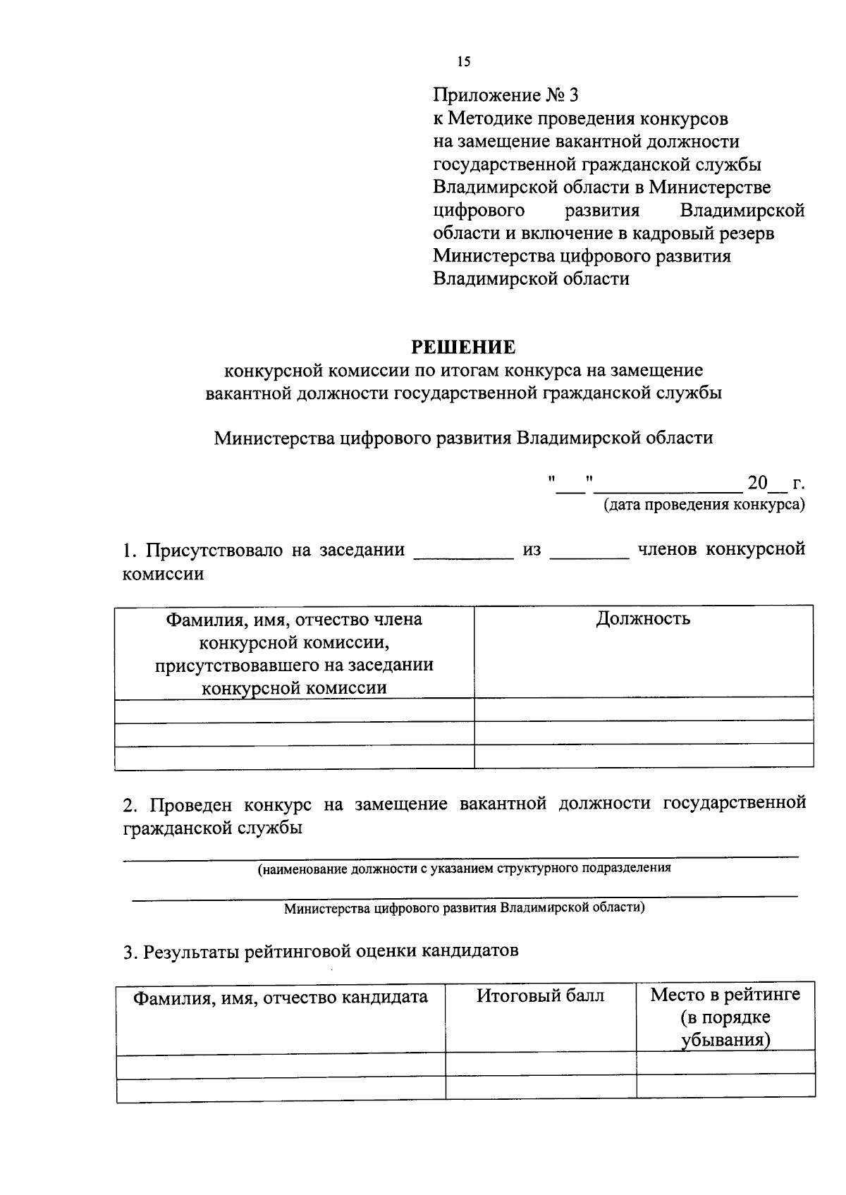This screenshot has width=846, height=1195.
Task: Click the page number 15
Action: (x=463, y=61)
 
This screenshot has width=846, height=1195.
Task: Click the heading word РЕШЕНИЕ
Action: (x=463, y=347)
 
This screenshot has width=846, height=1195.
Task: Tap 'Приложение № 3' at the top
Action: (x=505, y=95)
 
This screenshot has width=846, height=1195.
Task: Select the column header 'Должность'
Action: (x=643, y=619)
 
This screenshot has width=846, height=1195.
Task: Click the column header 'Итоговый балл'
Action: (x=540, y=995)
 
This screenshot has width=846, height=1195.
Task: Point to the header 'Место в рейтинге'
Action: (x=725, y=995)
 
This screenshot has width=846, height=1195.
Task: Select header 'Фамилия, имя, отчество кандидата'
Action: (x=281, y=997)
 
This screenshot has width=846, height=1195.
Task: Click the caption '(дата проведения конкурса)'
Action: (x=703, y=505)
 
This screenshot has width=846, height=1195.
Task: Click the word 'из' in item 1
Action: (x=532, y=550)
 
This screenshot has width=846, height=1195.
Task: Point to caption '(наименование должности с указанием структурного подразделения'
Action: (x=463, y=868)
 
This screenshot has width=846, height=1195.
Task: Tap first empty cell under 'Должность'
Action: (x=643, y=709)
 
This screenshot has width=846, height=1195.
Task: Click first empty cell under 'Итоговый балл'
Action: (x=540, y=1064)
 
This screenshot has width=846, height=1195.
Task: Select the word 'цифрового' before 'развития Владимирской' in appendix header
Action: (x=479, y=210)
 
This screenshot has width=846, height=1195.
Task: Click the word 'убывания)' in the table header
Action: (x=725, y=1040)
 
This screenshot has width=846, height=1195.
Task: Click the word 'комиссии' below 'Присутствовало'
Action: (x=163, y=573)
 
